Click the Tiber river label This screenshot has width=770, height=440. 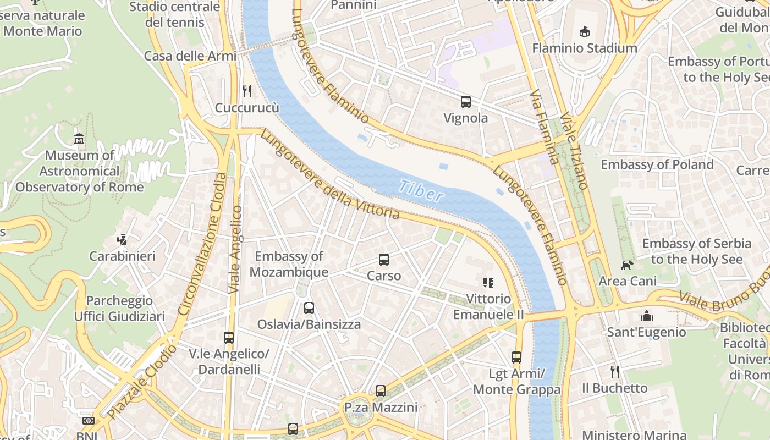[x=421, y=190]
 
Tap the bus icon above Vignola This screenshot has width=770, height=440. [x=466, y=101]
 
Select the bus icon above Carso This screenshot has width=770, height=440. [x=384, y=260]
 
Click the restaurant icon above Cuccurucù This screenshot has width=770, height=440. [x=247, y=91]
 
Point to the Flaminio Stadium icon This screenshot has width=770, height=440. [x=584, y=32]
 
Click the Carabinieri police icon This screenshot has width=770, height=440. [x=122, y=240]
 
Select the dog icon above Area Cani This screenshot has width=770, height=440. [x=627, y=266]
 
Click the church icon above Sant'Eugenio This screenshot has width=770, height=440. [x=646, y=316]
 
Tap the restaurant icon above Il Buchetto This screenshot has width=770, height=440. [x=615, y=372]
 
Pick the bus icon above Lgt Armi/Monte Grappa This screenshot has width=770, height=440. [x=516, y=358]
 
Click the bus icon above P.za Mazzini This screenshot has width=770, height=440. [x=381, y=391]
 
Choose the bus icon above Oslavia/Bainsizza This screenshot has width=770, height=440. [x=309, y=308]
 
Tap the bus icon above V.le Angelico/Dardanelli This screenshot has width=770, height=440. [x=229, y=337]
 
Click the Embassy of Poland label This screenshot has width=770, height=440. [x=657, y=164]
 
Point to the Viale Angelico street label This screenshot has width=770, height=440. [x=235, y=249]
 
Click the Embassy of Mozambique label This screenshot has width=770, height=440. [x=289, y=264]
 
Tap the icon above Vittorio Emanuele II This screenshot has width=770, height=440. [x=488, y=283]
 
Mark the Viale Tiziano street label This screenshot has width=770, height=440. [x=575, y=151]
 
